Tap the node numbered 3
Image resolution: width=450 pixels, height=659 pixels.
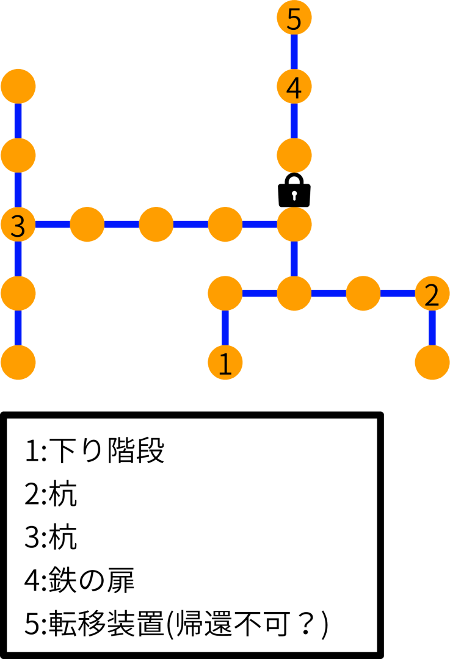pyautogui.click(x=18, y=225)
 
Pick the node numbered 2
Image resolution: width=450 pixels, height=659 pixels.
pyautogui.click(x=432, y=294)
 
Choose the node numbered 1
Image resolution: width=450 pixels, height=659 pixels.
pyautogui.click(x=225, y=363)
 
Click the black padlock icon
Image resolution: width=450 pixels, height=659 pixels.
pyautogui.click(x=294, y=190)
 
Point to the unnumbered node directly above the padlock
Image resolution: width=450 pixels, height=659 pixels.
pyautogui.click(x=294, y=156)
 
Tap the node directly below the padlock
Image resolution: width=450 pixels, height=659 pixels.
pyautogui.click(x=294, y=225)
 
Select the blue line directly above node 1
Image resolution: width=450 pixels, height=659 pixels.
pyautogui.click(x=225, y=328)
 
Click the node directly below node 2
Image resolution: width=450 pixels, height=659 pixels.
pyautogui.click(x=432, y=363)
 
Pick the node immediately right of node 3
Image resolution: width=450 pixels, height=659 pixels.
pyautogui.click(x=87, y=225)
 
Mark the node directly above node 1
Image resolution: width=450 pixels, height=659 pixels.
pyautogui.click(x=225, y=294)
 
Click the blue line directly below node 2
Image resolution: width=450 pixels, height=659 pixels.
pyautogui.click(x=432, y=328)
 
